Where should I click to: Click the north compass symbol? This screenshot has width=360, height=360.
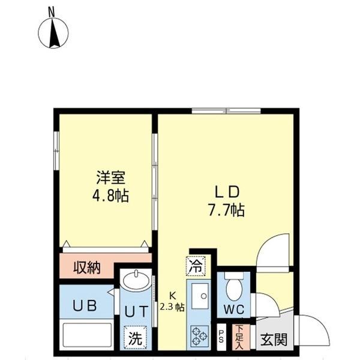click(53, 33)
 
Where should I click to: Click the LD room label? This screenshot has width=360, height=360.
click(227, 192)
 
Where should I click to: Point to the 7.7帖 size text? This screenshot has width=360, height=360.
click(227, 211)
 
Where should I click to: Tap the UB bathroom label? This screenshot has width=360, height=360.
click(85, 304)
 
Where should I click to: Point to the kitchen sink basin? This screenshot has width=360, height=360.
click(202, 294)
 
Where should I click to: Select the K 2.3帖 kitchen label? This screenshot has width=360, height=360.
click(173, 300)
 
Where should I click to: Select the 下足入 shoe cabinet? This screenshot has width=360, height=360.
click(238, 336)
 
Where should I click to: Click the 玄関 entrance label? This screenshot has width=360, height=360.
click(272, 340)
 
